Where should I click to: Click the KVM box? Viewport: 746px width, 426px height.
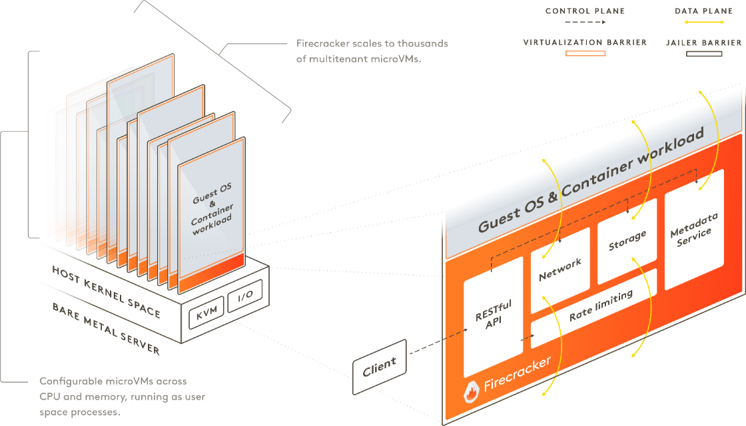click(206, 312)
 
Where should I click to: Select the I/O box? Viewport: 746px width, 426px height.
click(245, 296)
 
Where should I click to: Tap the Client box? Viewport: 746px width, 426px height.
click(380, 367)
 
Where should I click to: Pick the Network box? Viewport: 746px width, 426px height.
click(560, 270)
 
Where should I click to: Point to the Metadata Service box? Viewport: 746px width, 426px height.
click(694, 230)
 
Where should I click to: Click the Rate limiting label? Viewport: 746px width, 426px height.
click(601, 306)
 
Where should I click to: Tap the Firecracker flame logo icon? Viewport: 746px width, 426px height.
click(471, 392)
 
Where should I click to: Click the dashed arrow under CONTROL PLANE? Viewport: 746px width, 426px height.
click(585, 23)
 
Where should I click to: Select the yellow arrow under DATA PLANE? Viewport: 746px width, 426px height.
click(704, 23)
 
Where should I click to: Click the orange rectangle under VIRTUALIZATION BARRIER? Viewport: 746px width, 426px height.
click(585, 53)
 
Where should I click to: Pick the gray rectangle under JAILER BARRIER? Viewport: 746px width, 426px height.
click(704, 54)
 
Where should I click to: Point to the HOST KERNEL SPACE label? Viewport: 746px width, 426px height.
click(106, 292)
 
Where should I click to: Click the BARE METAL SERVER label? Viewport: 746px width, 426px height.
click(106, 329)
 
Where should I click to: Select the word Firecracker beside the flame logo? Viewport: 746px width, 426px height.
click(517, 373)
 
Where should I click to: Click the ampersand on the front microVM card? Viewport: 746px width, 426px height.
click(212, 204)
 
